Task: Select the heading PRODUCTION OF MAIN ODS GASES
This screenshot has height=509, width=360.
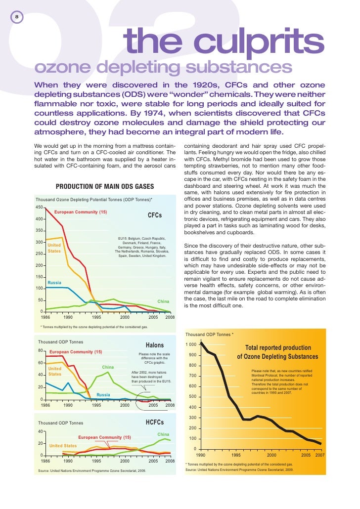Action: coord(105,186)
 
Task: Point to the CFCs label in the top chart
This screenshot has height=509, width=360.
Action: coord(155,216)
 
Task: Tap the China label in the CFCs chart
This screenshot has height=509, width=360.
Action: coord(163,301)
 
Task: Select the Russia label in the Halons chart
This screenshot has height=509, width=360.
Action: coord(103,395)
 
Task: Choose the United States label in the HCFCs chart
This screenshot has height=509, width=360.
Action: coord(63,445)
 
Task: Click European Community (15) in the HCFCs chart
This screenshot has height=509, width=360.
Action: coord(104,437)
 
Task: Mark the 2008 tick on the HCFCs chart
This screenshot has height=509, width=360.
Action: coord(170,461)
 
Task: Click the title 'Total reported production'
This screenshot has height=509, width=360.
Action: coord(278,348)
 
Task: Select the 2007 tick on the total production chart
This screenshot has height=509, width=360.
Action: coord(319,455)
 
